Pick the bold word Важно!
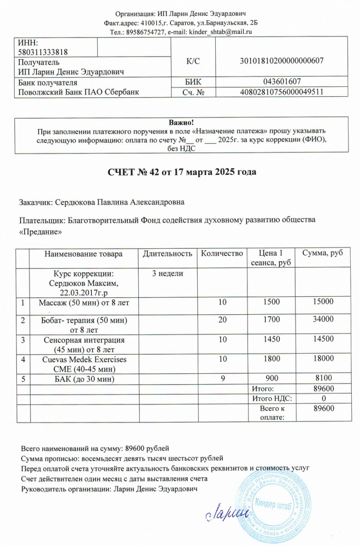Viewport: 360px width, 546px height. [x=182, y=122]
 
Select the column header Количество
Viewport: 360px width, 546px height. [x=222, y=254]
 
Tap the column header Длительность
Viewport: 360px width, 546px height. [x=168, y=254]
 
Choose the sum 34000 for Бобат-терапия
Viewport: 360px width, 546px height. [x=322, y=319]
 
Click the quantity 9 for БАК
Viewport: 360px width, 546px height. [x=222, y=378]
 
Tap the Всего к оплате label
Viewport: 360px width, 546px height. [x=272, y=413]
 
